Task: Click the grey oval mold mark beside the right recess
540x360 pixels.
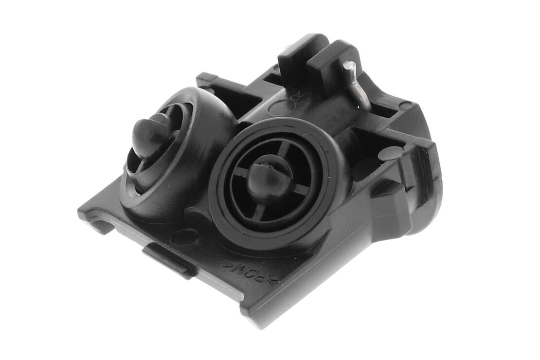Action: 391,153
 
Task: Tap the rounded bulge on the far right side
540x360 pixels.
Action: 428,195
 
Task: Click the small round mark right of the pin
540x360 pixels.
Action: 404,105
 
